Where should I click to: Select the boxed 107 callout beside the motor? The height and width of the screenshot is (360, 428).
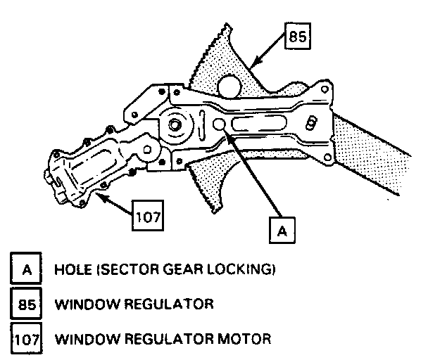click(x=149, y=217)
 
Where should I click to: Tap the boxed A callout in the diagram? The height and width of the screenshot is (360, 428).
click(x=281, y=229)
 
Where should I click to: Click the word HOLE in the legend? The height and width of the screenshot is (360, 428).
click(x=71, y=269)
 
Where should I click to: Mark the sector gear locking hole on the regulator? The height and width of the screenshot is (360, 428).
click(x=219, y=126)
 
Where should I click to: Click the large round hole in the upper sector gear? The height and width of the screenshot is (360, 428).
click(x=230, y=86)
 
